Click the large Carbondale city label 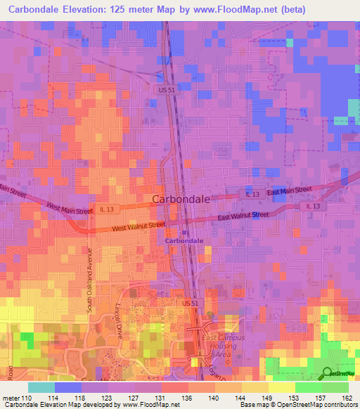(x=181, y=199)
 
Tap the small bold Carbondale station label (x=184, y=240)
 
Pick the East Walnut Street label (x=243, y=216)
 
